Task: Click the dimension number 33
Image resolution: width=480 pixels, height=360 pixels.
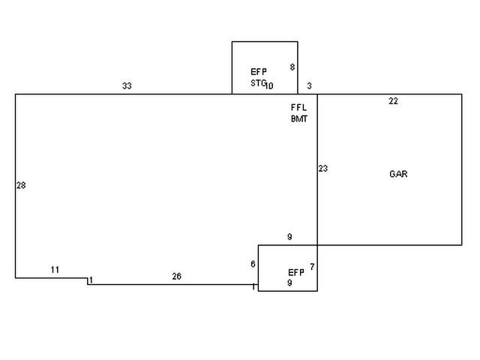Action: point(127,86)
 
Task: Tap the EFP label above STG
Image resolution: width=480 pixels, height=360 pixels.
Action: point(258,72)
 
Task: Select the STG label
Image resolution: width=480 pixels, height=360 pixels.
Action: point(257,84)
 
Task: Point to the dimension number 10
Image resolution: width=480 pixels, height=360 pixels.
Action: point(269,85)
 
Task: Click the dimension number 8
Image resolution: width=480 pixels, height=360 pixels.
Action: point(292,67)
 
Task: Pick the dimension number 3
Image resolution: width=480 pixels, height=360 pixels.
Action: point(309,86)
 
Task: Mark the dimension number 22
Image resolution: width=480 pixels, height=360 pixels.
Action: point(393,101)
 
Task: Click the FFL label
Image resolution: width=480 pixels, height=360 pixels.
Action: point(298,107)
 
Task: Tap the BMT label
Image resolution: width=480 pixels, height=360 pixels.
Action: point(299,118)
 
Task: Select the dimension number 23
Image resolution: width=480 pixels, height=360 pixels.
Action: point(322,169)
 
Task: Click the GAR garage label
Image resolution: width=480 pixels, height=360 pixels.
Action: point(398,174)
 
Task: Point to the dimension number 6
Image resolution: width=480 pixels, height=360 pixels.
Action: point(253,264)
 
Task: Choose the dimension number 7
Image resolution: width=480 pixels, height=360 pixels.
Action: point(311,267)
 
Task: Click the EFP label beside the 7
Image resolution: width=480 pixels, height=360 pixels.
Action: point(296,272)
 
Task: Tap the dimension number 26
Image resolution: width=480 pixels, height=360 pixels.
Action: point(176,277)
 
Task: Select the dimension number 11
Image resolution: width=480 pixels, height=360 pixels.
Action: point(55,270)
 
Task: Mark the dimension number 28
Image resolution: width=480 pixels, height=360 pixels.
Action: point(21,185)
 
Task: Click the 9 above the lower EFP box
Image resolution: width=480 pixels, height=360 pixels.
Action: point(289,238)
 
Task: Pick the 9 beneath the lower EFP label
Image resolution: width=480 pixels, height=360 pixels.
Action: point(289,283)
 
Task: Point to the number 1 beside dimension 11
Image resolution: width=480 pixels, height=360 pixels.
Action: point(91,280)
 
